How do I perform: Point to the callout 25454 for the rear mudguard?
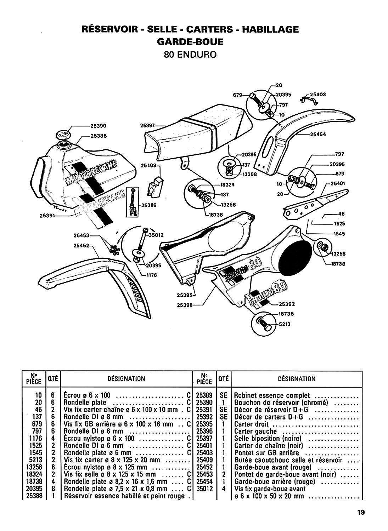coord(318,135)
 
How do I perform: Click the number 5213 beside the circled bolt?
coord(284,324)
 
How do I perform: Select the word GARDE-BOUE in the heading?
coord(190,42)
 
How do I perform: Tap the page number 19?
coord(361,512)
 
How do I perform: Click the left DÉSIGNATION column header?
coord(126,379)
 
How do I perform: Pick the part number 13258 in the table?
coord(34,467)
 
